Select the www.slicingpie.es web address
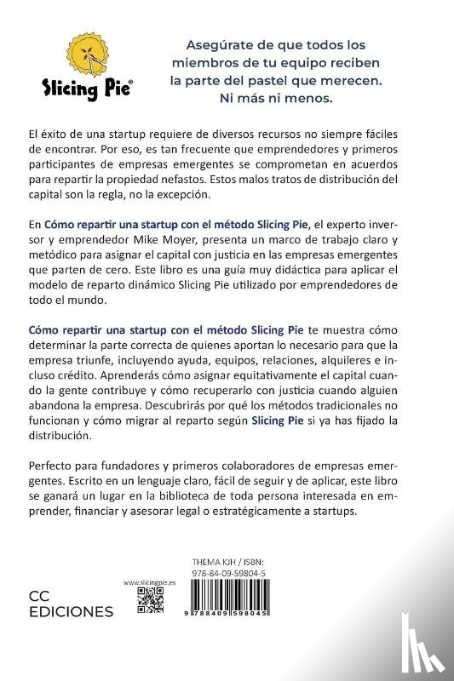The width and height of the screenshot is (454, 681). click(x=150, y=583)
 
